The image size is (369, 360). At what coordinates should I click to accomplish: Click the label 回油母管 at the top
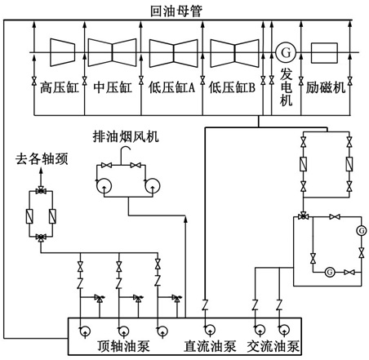176,11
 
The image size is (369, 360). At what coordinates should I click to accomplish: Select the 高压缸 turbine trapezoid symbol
62,52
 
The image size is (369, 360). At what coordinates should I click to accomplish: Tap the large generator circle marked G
286,52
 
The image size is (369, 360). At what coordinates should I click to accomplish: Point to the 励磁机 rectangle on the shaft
324,53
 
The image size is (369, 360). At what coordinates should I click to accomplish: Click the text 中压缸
113,87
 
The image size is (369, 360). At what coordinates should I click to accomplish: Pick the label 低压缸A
172,87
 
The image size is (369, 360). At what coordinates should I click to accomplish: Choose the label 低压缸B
232,87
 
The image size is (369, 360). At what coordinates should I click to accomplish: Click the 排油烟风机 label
126,136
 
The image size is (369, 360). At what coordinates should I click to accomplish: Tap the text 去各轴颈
42,159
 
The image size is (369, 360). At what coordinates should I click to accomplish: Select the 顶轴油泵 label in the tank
123,346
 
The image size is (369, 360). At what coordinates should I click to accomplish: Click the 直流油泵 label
210,346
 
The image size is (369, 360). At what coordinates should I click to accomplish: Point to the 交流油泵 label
273,346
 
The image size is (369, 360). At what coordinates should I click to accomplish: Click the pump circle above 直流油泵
210,330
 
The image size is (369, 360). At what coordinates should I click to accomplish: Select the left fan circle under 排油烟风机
104,186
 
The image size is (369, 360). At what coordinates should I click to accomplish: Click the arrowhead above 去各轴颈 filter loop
41,171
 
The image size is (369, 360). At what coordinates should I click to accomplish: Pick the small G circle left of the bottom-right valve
330,272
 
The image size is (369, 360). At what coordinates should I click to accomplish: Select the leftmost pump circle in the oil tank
85,331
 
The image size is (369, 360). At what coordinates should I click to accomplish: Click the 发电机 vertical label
287,87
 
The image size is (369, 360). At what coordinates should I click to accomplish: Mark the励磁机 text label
326,87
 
